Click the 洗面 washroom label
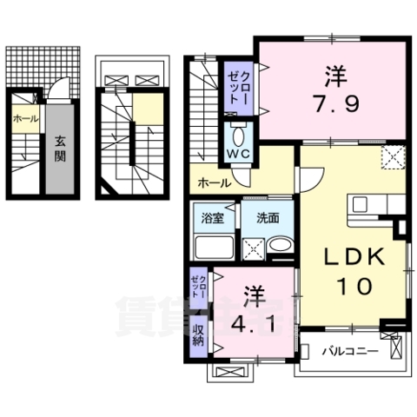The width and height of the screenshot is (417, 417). (267, 218)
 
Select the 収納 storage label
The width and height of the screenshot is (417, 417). (199, 333)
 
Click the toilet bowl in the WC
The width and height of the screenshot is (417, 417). (238, 134)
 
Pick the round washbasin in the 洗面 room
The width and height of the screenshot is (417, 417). (281, 247)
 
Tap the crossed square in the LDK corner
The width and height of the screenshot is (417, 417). (394, 157)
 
